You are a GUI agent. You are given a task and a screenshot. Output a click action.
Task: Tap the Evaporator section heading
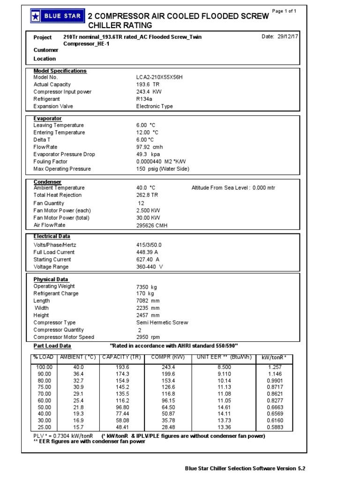pyautogui.click(x=47, y=119)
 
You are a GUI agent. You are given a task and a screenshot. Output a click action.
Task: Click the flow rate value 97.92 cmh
pyautogui.click(x=150, y=147)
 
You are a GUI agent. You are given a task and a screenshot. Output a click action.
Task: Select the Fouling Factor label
pyautogui.click(x=51, y=161)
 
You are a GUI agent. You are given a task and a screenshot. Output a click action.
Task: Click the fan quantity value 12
pyautogui.click(x=140, y=203)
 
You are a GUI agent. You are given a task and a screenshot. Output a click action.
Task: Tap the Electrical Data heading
pyautogui.click(x=52, y=236)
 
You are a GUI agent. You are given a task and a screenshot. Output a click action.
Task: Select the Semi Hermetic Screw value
pyautogui.click(x=162, y=322)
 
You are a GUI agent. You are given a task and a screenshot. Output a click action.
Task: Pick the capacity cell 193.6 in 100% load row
pyautogui.click(x=122, y=367)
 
